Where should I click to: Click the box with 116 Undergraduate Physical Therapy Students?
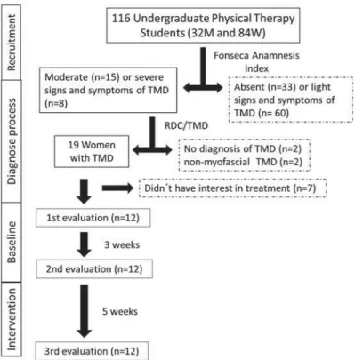[203, 26]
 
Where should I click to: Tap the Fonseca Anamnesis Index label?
[256, 62]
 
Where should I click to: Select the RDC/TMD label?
[186, 125]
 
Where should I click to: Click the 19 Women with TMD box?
[92, 151]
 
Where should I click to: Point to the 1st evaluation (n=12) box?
[93, 218]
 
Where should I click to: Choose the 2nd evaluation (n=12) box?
[94, 269]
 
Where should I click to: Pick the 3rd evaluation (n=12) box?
[92, 351]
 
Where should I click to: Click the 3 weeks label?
[122, 244]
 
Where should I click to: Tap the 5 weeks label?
[120, 311]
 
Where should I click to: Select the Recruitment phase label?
[12, 43]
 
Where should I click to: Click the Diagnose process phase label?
[12, 141]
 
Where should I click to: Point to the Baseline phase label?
[12, 242]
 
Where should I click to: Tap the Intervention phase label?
[12, 319]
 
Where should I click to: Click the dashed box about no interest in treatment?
[233, 188]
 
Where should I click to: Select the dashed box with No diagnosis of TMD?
[245, 155]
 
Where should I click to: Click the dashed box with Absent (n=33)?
[291, 100]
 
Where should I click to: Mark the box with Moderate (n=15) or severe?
[109, 90]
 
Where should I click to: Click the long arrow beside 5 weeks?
[85, 311]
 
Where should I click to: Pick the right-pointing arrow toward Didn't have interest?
[117, 188]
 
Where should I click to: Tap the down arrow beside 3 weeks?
[85, 244]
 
